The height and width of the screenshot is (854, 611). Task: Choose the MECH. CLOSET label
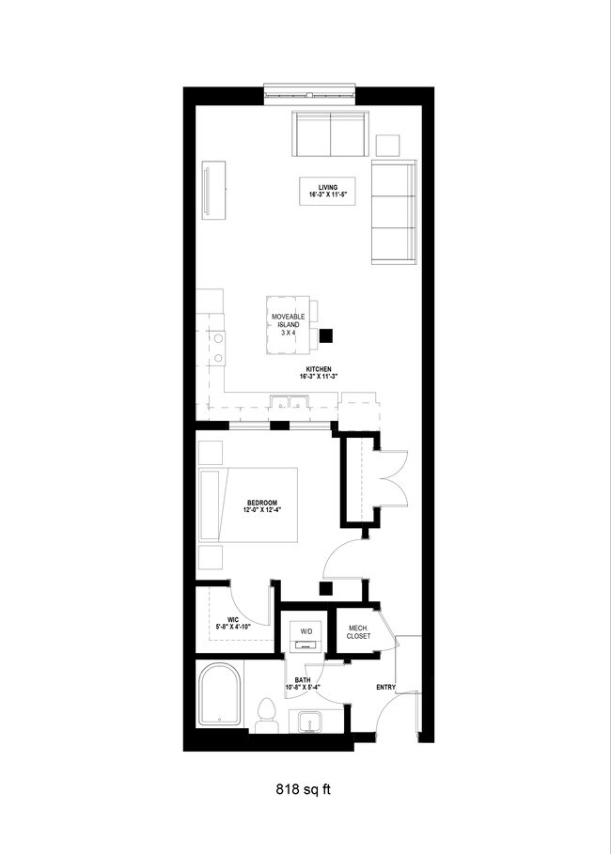point(359,632)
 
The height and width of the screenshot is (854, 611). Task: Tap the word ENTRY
point(385,688)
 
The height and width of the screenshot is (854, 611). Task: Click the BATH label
point(303,683)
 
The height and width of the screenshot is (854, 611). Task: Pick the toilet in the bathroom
point(266,714)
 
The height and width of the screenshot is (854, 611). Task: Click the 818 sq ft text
point(303,790)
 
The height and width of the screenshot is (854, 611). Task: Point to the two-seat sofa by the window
point(330,134)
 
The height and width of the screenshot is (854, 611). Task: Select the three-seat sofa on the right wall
point(394,211)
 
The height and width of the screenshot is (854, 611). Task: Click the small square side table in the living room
point(388,146)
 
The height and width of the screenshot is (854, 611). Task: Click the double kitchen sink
point(290,405)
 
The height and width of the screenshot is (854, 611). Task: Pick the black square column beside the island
point(327,334)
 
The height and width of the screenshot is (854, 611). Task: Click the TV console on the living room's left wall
point(212,191)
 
